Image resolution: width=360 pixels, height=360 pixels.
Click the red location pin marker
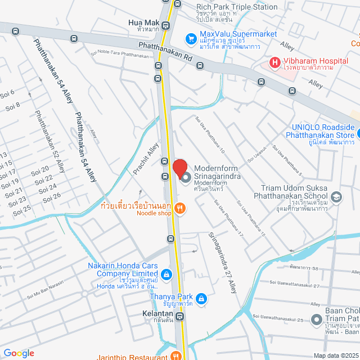tap(179, 168)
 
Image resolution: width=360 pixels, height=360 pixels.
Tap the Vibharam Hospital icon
tap(276, 62)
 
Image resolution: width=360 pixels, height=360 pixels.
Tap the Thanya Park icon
tap(202, 298)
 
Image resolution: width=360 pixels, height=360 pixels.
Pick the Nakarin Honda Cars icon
tap(166, 274)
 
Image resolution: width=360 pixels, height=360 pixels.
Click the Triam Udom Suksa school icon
tap(336, 196)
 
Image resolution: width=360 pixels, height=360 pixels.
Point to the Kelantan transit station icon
tap(179, 317)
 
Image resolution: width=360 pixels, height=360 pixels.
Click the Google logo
tap(19, 353)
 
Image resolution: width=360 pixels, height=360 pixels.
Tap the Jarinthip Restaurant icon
tap(175, 356)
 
